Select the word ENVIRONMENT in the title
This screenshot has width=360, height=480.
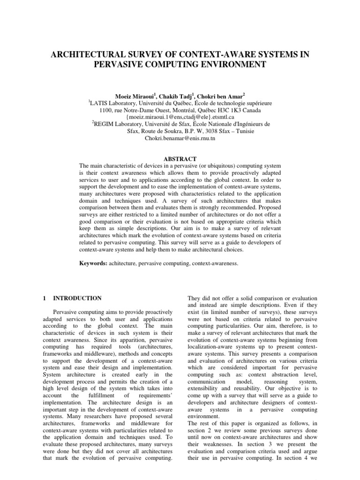(226, 65)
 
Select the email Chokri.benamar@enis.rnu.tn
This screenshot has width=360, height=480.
(180, 139)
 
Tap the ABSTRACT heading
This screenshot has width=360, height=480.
(180, 159)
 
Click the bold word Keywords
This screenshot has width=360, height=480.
(93, 264)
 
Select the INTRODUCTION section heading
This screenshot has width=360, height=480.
(78, 298)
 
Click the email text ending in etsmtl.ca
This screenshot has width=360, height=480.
(180, 117)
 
